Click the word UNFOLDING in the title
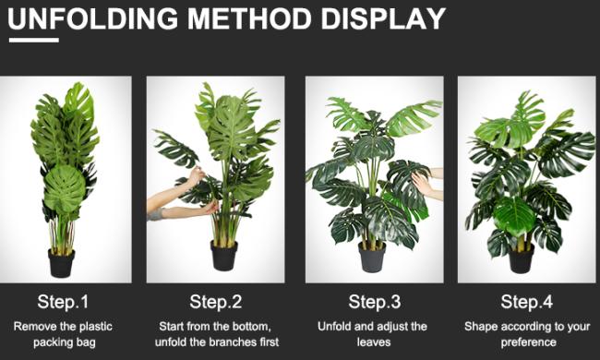click(x=93, y=18)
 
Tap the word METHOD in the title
click(x=249, y=18)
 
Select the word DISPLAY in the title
click(x=383, y=18)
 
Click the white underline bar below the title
click(x=34, y=40)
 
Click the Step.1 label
click(x=63, y=302)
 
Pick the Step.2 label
click(x=216, y=302)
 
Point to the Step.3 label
click(x=375, y=302)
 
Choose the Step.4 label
click(x=527, y=302)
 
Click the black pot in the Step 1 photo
click(x=61, y=263)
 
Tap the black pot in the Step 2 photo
click(x=224, y=256)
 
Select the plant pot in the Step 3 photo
click(x=372, y=258)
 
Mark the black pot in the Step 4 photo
click(x=522, y=258)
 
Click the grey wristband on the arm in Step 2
click(x=154, y=215)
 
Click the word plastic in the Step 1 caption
click(x=96, y=327)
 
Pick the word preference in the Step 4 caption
click(x=528, y=342)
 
